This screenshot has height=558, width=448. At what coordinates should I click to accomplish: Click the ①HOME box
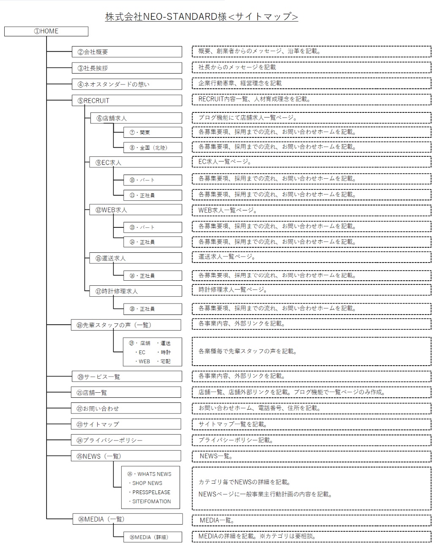click(x=46, y=31)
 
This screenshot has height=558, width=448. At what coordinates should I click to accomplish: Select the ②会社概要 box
click(x=127, y=52)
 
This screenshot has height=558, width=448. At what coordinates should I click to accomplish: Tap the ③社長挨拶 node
click(x=127, y=68)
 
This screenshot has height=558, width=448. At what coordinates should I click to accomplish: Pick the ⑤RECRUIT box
click(x=127, y=101)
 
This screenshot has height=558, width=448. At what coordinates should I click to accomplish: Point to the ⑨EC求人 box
click(x=135, y=162)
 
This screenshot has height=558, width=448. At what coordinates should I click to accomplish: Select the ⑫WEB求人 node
click(x=135, y=210)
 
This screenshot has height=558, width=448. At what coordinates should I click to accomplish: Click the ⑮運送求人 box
click(x=135, y=258)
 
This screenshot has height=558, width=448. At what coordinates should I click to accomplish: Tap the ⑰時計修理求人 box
click(x=135, y=291)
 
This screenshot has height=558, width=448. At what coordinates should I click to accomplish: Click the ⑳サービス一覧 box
click(x=126, y=377)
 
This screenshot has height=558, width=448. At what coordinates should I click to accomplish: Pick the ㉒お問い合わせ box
click(x=126, y=408)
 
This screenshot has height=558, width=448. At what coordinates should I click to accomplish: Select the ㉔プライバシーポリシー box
click(x=126, y=440)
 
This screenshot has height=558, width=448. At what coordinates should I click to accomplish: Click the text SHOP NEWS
click(x=147, y=483)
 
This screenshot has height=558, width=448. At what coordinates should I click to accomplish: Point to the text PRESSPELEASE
click(x=151, y=492)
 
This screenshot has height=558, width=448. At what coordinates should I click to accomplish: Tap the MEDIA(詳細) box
click(x=153, y=537)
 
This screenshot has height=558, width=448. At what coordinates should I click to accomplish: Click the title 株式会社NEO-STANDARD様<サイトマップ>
click(x=202, y=17)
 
